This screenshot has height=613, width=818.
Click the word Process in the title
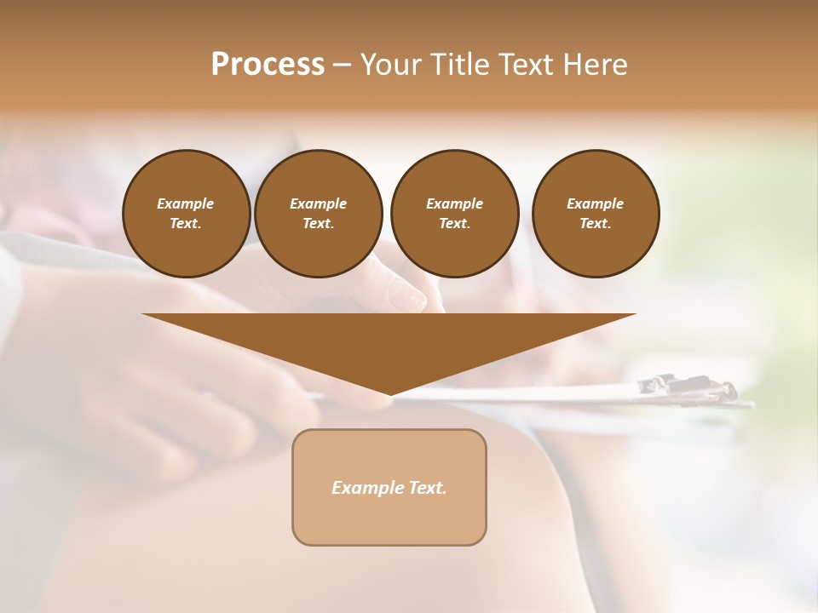(268, 65)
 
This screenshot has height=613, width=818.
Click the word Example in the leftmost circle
(186, 203)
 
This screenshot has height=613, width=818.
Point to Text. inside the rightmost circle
(595, 224)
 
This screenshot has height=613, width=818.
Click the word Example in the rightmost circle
(595, 203)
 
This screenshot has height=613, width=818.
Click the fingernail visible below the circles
(416, 298)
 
